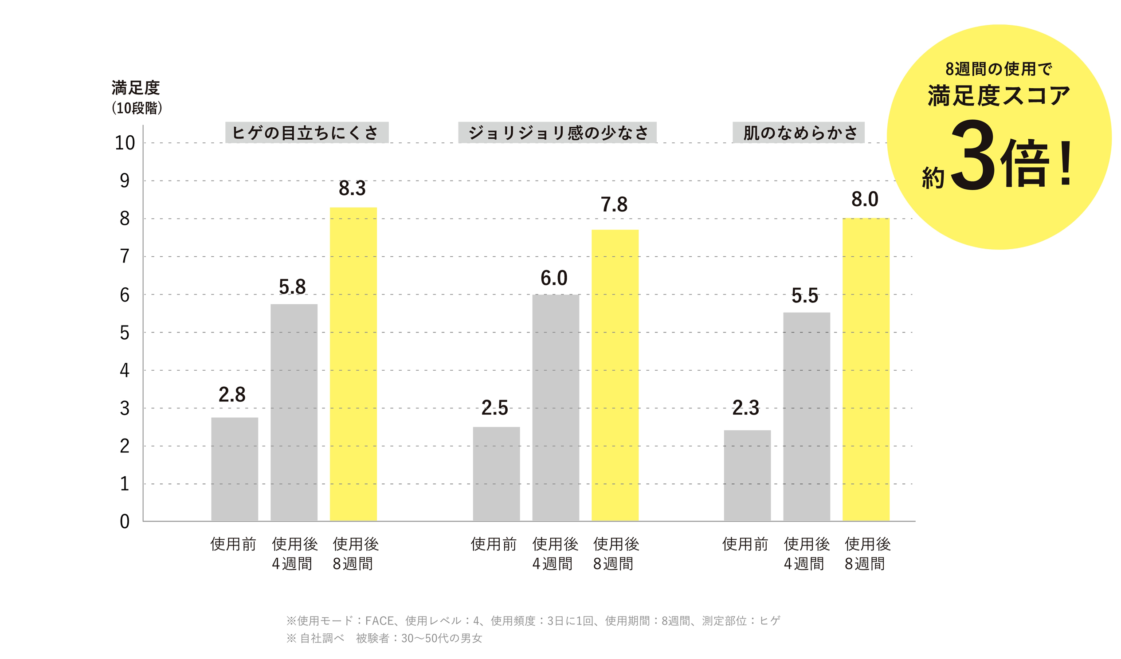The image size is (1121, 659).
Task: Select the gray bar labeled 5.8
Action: click(x=294, y=412)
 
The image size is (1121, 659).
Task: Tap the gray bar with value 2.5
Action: click(x=497, y=474)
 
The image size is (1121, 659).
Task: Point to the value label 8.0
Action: click(x=865, y=200)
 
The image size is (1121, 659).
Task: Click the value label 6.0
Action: click(x=554, y=279)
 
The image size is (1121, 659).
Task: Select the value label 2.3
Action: click(x=745, y=408)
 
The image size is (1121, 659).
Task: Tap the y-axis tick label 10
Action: click(x=125, y=143)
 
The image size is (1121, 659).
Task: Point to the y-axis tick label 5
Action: click(x=125, y=333)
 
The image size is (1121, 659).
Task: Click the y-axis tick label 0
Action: click(x=125, y=522)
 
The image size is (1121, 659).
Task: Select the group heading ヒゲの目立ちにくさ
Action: click(x=306, y=133)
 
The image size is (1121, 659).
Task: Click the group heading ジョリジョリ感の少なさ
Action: click(x=557, y=133)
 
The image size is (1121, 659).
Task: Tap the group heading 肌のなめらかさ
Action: click(x=799, y=133)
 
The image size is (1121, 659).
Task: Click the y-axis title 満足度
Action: click(x=136, y=88)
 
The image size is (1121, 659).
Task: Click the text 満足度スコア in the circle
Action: click(x=999, y=96)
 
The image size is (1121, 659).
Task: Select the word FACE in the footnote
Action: click(x=380, y=621)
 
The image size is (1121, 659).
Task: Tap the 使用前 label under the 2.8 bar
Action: click(x=234, y=544)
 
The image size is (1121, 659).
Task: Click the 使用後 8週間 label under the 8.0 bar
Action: click(x=867, y=553)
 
